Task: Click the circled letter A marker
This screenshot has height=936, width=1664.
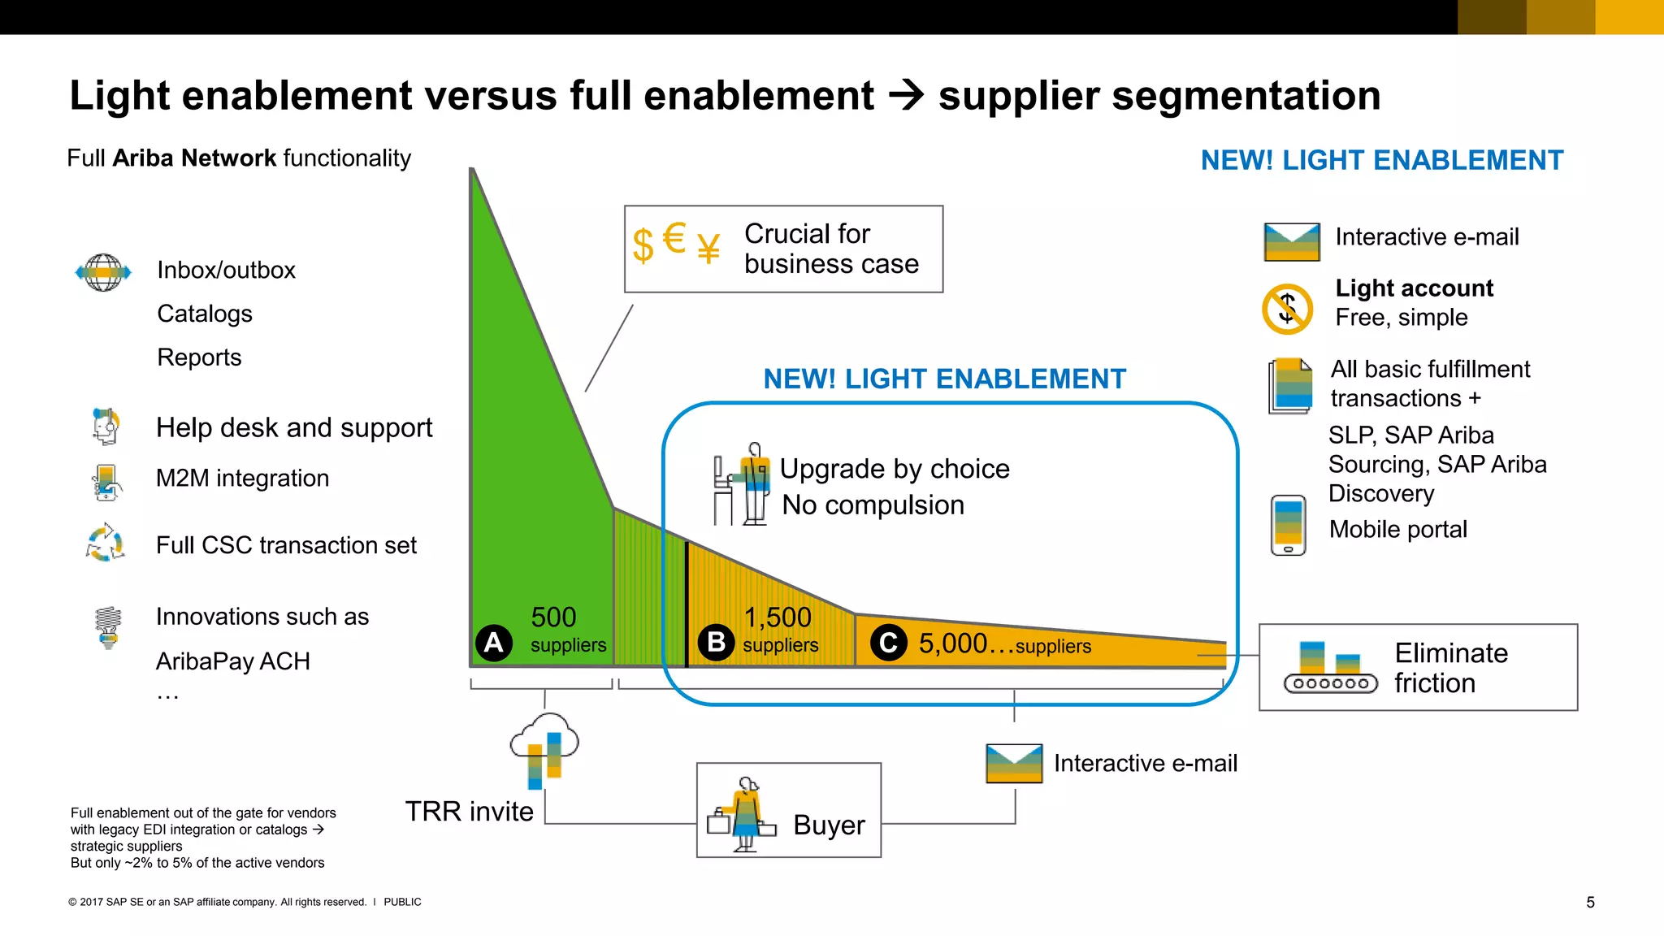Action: pyautogui.click(x=493, y=643)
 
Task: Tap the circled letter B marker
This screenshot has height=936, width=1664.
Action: pyautogui.click(x=716, y=643)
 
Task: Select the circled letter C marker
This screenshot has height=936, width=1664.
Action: pyautogui.click(x=888, y=643)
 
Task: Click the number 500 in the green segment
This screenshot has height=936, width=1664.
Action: pyautogui.click(x=553, y=617)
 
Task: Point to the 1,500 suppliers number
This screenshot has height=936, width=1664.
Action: pyautogui.click(x=778, y=617)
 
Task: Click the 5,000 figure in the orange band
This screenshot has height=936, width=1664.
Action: pyautogui.click(x=952, y=643)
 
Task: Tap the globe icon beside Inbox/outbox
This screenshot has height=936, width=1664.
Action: pyautogui.click(x=103, y=272)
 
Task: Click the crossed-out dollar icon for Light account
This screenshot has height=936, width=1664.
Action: pyautogui.click(x=1287, y=309)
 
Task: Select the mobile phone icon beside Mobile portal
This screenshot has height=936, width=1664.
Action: pyautogui.click(x=1288, y=525)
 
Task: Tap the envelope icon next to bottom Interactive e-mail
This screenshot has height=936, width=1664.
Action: pyautogui.click(x=1014, y=763)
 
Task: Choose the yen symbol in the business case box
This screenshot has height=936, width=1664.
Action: pyautogui.click(x=708, y=249)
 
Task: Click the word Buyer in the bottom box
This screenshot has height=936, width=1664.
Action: pyautogui.click(x=829, y=825)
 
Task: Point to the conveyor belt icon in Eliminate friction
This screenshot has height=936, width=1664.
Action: pyautogui.click(x=1330, y=668)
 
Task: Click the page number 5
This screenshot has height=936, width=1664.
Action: pyautogui.click(x=1590, y=902)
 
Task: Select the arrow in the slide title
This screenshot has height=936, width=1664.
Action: pyautogui.click(x=906, y=96)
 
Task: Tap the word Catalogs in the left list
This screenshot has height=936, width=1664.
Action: pyautogui.click(x=205, y=314)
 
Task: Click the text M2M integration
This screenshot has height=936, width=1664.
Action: pyautogui.click(x=242, y=478)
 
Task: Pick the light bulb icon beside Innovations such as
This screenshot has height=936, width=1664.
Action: pyautogui.click(x=108, y=627)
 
